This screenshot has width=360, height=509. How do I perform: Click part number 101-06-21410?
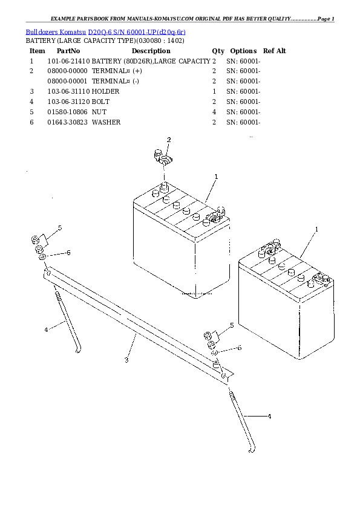click(68, 61)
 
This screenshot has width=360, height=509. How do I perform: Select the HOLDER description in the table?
click(106, 91)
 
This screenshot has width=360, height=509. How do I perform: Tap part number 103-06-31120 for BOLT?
click(68, 102)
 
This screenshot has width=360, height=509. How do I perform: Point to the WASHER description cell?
click(106, 122)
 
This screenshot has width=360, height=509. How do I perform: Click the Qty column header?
click(218, 51)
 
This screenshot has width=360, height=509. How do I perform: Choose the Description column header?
click(151, 51)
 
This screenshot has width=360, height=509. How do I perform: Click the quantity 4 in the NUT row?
click(214, 112)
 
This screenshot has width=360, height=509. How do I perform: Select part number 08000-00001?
click(67, 81)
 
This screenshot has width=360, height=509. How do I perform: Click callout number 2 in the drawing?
click(169, 140)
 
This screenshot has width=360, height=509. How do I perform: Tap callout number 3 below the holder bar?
click(126, 360)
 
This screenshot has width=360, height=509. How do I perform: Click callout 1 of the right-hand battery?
click(316, 229)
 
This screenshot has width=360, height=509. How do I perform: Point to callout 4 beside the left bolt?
click(46, 329)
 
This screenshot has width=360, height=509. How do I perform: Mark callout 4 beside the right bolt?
click(269, 416)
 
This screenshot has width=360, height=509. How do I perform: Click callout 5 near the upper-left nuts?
click(60, 228)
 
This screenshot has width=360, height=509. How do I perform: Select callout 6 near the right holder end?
click(240, 348)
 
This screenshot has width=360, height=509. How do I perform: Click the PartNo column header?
click(68, 51)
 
